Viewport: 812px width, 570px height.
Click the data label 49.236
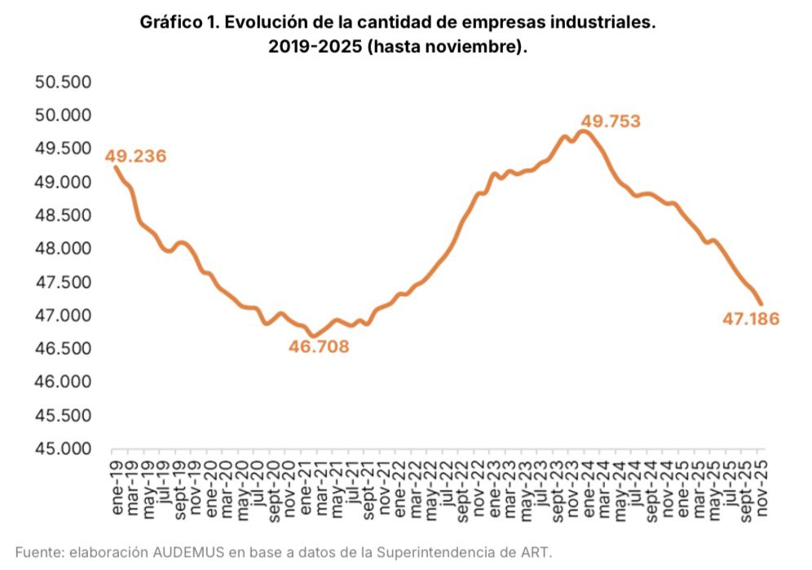point(135,156)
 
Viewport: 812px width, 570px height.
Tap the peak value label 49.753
point(610,122)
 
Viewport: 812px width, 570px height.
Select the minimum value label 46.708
point(319,347)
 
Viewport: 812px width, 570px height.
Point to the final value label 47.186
point(751,319)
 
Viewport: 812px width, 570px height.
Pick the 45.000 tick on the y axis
point(63,448)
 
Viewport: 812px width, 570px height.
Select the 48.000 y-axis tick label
point(63,249)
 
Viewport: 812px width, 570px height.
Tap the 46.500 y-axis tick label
point(63,349)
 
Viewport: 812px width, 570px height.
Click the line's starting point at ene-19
point(115,166)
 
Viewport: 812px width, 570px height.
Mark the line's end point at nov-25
point(761,303)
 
